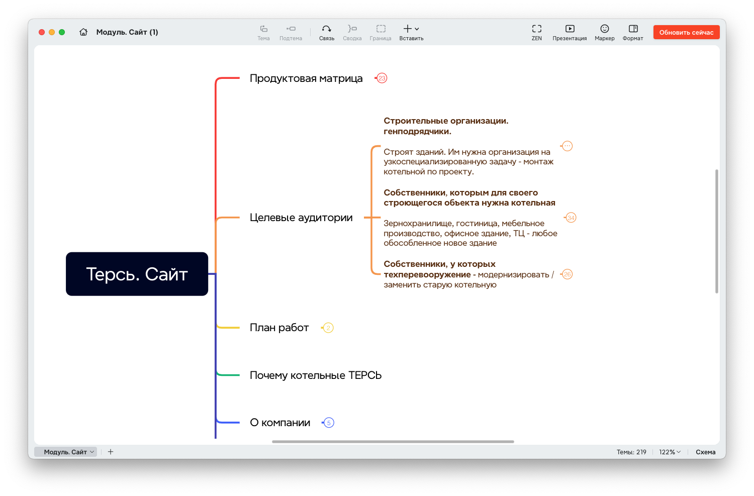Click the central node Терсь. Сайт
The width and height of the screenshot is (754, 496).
pos(137,274)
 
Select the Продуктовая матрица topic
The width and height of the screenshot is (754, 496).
pos(306,78)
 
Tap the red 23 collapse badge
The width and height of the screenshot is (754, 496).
pos(382,78)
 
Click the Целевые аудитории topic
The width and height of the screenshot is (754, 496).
pos(301,218)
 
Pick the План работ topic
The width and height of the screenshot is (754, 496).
pos(279,328)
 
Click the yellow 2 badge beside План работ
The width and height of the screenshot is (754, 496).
pos(328,328)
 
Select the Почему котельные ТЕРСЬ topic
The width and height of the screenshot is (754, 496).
pos(315,375)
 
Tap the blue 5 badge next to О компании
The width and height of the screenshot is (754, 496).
pos(329,423)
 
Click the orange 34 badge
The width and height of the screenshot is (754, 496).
pos(571,218)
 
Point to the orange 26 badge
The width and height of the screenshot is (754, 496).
pos(567,274)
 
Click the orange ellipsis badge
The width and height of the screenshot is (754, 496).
pos(567,146)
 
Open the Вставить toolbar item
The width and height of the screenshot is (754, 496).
pos(411,33)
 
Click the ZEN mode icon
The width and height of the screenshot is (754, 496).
pos(536,29)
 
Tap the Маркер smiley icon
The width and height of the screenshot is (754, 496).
pos(605,29)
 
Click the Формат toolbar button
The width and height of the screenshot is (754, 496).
pos(633,33)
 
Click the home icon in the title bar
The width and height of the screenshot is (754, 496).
pos(83,32)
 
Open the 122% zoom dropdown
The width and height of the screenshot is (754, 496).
pos(670,452)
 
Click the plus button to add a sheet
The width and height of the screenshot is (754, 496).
pos(111,452)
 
